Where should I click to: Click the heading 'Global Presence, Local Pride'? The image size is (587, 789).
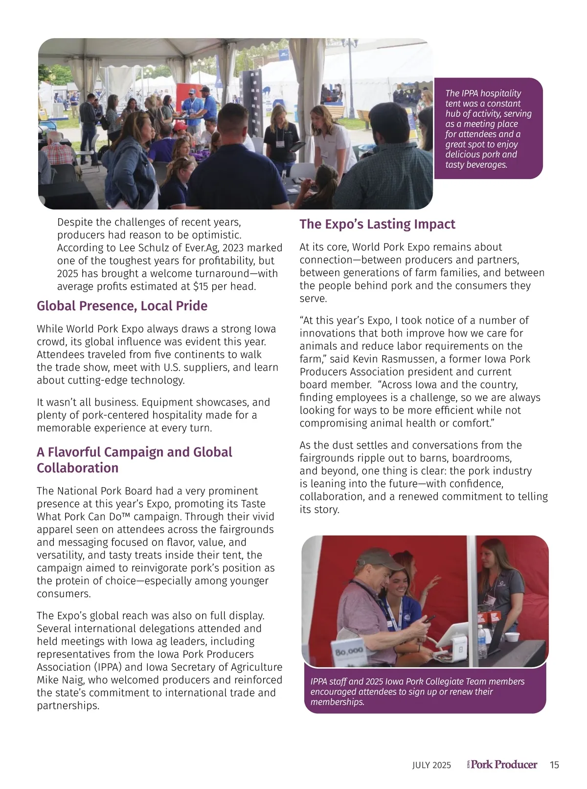(x=122, y=306)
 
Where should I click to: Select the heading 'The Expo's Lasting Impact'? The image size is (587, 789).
(x=377, y=224)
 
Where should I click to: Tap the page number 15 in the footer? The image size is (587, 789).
(x=554, y=765)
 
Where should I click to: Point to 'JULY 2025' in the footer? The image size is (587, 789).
(x=431, y=766)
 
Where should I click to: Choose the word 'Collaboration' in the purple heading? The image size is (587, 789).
(x=77, y=468)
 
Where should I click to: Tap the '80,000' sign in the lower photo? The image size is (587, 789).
(x=348, y=651)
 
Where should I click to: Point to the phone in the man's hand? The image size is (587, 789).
(x=429, y=618)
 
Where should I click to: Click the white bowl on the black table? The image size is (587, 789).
(x=512, y=637)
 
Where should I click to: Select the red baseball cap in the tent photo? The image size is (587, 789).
(x=180, y=127)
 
